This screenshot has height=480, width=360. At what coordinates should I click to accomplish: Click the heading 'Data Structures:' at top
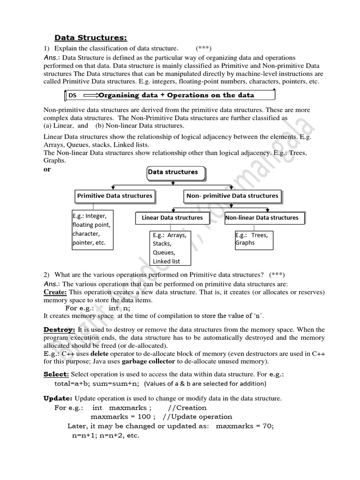[x=91, y=37]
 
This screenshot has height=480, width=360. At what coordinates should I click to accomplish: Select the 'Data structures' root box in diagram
[x=173, y=172]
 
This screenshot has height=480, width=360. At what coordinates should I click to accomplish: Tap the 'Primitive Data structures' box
[x=114, y=196]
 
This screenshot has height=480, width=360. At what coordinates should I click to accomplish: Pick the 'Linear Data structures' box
[x=172, y=218]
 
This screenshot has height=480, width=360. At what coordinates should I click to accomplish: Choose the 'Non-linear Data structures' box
[x=262, y=218]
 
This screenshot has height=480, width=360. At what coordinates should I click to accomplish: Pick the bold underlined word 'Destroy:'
[x=59, y=330]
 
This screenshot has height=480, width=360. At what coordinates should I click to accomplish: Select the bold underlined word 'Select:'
[x=56, y=374]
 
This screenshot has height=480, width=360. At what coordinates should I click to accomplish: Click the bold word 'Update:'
[x=58, y=398]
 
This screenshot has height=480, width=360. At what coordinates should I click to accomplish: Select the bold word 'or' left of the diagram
[x=47, y=170]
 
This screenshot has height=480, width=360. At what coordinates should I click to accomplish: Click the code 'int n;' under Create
[x=120, y=308]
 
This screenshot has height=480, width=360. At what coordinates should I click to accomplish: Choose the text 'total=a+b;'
[x=73, y=383]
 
